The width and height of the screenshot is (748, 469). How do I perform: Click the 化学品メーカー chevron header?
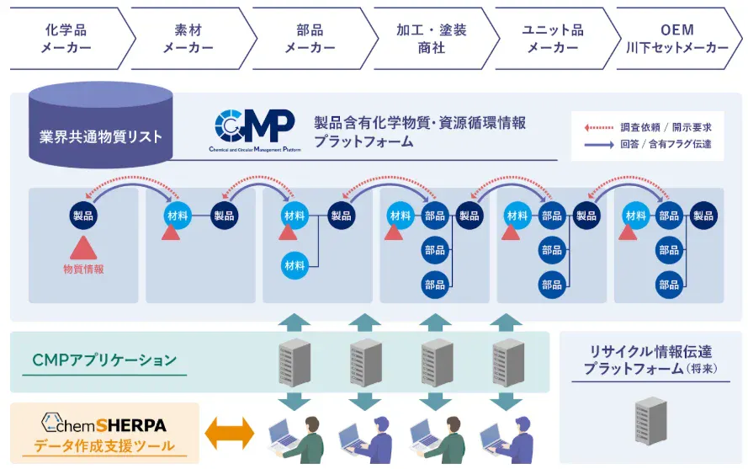tap(66, 39)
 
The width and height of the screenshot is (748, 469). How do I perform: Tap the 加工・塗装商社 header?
tap(431, 39)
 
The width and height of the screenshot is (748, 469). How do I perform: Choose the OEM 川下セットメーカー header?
tap(680, 39)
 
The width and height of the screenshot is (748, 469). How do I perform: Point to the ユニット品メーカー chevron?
tap(552, 39)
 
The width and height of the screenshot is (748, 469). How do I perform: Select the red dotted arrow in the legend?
tap(600, 127)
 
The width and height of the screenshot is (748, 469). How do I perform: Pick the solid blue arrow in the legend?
tap(600, 144)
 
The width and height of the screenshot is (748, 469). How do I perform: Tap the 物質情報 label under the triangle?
tap(83, 269)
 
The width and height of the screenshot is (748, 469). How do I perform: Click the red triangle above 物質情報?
tap(83, 247)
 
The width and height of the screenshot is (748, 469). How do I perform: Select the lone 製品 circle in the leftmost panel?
tap(83, 216)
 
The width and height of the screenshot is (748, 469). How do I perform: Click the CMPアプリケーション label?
tap(104, 360)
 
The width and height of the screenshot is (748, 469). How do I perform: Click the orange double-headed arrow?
tap(230, 434)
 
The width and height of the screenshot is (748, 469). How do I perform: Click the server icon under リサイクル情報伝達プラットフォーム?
tap(651, 420)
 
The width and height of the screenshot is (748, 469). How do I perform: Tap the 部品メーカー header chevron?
tap(310, 39)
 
